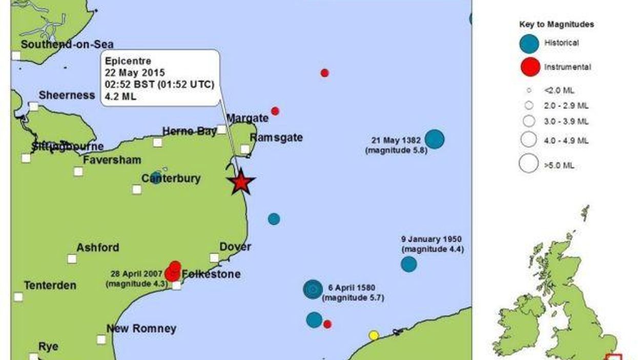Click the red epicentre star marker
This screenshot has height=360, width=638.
[241, 182]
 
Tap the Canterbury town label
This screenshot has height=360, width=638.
[171, 179]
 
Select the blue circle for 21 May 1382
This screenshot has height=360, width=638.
[435, 139]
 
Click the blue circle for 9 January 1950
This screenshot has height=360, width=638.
[408, 264]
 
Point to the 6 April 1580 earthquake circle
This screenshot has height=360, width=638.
[313, 289]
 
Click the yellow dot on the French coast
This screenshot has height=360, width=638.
[374, 335]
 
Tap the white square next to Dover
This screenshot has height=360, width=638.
[214, 258]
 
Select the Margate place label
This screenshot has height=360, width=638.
[248, 118]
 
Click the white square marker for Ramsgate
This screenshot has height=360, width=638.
[245, 149]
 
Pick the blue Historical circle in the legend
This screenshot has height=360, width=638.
[529, 44]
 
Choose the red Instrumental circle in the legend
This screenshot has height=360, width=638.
[529, 67]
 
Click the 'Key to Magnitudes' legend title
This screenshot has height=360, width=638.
[557, 24]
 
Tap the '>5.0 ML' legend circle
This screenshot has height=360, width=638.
[528, 164]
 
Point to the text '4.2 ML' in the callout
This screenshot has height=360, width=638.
[120, 97]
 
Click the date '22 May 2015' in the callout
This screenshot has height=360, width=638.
[132, 72]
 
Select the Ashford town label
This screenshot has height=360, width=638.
[97, 248]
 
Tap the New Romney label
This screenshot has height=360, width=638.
[141, 329]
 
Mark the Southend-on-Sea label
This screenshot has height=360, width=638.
[67, 45]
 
